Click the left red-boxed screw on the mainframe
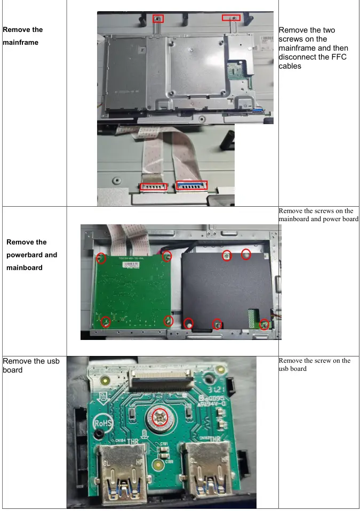(158, 19)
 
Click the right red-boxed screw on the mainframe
(231, 18)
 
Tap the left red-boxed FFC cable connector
(153, 187)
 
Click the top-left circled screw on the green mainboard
(101, 258)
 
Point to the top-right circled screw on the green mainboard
(167, 256)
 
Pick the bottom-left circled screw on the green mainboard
(106, 322)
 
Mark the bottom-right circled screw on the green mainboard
(169, 321)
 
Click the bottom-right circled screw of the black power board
(263, 324)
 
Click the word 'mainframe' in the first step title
(20, 43)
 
